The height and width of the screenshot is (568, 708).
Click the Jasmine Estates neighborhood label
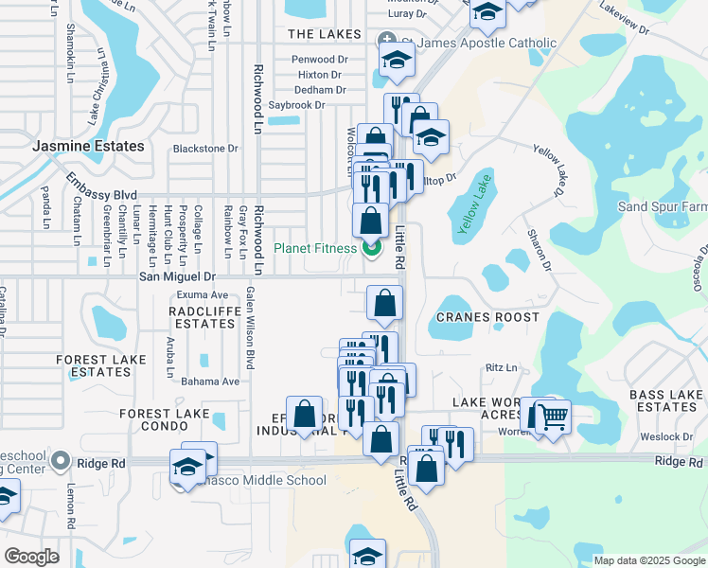(88, 147)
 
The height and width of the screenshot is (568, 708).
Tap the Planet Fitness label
(314, 249)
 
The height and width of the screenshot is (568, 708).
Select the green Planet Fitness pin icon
(370, 249)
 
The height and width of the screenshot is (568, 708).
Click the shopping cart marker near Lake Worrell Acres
(553, 416)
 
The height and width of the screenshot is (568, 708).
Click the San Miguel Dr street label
(177, 276)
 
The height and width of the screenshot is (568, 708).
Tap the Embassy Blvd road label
(95, 186)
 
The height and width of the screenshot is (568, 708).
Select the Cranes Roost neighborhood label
(487, 317)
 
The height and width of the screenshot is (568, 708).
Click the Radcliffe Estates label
(202, 317)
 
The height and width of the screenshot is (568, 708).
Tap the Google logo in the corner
(31, 556)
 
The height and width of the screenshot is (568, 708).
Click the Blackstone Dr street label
(204, 149)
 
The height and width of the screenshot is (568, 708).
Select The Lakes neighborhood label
(324, 34)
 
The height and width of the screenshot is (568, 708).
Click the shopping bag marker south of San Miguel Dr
(384, 303)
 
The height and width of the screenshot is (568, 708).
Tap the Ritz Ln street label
(502, 367)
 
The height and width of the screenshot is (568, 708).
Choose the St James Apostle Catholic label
(479, 43)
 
